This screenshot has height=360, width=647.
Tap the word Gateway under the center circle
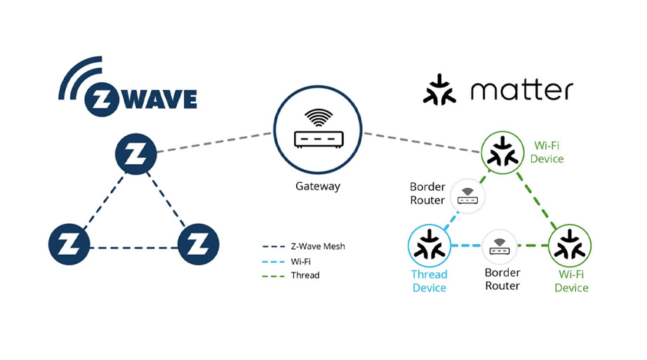coord(318,186)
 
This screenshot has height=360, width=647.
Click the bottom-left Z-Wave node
coord(69,246)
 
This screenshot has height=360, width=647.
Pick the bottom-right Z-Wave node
coord(199,246)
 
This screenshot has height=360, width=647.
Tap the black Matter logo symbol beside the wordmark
coord(439,90)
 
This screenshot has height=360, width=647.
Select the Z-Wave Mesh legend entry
coord(317,246)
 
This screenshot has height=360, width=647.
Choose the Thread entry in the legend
coord(305,275)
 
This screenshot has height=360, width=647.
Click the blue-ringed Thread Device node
coord(429,246)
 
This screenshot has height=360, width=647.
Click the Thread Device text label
coord(429,281)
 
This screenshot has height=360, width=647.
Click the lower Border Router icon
coord(500,246)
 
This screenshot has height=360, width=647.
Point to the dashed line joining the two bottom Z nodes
coord(133,247)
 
